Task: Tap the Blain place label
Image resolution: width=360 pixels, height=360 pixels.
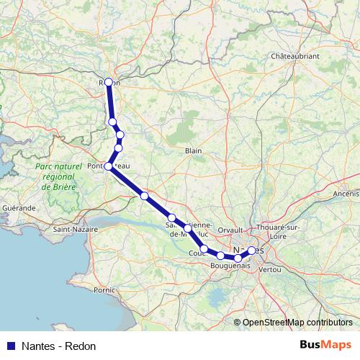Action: (x=194, y=150)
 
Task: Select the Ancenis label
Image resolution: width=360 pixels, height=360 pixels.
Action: (x=346, y=194)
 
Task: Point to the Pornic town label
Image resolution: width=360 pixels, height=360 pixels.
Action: (x=104, y=290)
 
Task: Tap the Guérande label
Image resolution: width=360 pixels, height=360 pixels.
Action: (x=19, y=207)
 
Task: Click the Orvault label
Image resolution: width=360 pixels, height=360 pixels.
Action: (x=231, y=230)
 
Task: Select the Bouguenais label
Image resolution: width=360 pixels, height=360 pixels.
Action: (x=230, y=266)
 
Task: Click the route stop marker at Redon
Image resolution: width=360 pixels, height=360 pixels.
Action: (x=109, y=82)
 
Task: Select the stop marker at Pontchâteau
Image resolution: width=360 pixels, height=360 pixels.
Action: (x=109, y=166)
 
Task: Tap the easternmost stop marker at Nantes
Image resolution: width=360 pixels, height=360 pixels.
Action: (x=251, y=250)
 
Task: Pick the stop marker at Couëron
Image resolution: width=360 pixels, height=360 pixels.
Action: (x=204, y=249)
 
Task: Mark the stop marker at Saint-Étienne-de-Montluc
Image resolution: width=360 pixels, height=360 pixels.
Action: (x=187, y=228)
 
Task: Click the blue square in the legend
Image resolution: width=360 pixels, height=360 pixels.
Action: (x=10, y=346)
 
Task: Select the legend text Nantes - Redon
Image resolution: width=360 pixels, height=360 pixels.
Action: (x=59, y=346)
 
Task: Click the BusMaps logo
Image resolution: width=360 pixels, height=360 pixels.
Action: (x=325, y=345)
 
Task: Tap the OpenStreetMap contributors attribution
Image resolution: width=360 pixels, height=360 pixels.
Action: (x=297, y=322)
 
